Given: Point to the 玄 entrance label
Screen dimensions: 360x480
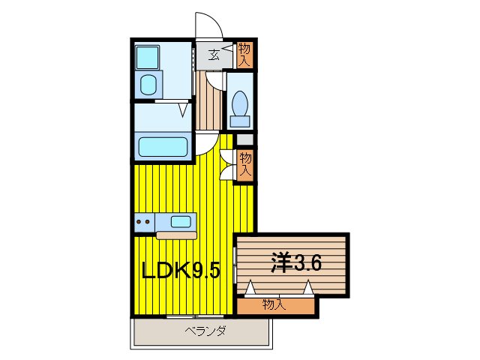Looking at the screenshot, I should [214, 54].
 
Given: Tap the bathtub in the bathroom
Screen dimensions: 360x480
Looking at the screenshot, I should [162, 145].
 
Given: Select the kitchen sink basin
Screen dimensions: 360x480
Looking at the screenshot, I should [181, 221].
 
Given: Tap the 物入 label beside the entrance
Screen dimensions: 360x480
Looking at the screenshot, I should [244, 54].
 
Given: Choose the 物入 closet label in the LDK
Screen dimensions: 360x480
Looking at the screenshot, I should [244, 163].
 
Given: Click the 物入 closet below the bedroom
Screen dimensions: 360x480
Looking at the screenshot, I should [274, 304].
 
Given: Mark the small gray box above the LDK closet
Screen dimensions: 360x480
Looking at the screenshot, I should [245, 139].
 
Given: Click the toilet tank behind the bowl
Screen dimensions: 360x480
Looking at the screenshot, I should [241, 121].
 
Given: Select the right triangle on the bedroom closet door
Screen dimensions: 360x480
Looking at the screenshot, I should [307, 286].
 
